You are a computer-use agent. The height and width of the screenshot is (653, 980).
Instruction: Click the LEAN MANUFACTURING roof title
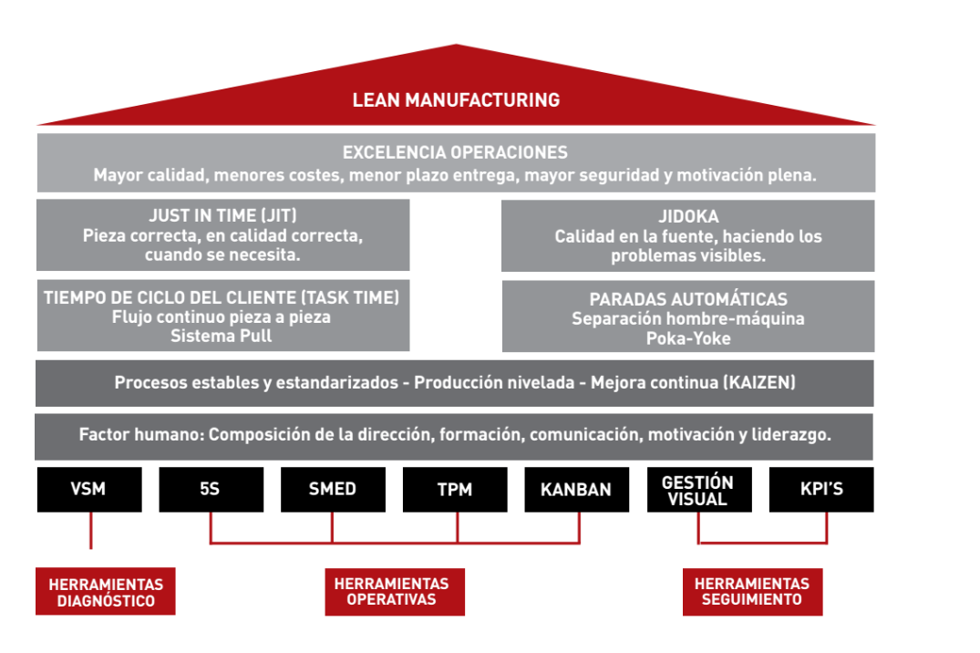(x=456, y=99)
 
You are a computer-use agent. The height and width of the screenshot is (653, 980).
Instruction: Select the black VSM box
(x=89, y=489)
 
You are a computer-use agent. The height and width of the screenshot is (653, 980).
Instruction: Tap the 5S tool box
(x=211, y=489)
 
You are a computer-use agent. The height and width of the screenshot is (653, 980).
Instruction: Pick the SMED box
(x=333, y=489)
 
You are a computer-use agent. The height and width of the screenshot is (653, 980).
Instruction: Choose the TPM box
(x=454, y=489)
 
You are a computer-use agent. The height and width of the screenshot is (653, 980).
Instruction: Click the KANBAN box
(x=576, y=489)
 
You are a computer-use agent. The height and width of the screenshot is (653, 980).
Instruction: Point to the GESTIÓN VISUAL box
(x=697, y=490)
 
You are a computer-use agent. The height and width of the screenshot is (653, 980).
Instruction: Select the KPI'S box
(x=820, y=489)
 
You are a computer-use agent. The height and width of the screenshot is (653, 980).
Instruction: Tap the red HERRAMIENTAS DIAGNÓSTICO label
(x=106, y=592)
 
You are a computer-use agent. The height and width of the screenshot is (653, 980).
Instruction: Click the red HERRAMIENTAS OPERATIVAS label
(x=395, y=591)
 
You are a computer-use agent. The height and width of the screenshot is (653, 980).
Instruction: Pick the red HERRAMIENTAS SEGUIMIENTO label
(x=752, y=591)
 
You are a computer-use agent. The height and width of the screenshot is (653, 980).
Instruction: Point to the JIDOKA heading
(x=688, y=217)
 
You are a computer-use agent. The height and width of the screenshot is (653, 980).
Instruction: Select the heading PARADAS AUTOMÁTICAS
(x=688, y=299)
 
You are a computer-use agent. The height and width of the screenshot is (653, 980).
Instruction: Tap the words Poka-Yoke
(x=688, y=338)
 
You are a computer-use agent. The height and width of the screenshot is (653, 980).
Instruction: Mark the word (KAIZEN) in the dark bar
(x=758, y=383)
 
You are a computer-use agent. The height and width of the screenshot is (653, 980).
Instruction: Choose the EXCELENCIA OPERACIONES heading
(x=455, y=152)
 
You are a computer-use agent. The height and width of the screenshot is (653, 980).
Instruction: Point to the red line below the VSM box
(x=90, y=530)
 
